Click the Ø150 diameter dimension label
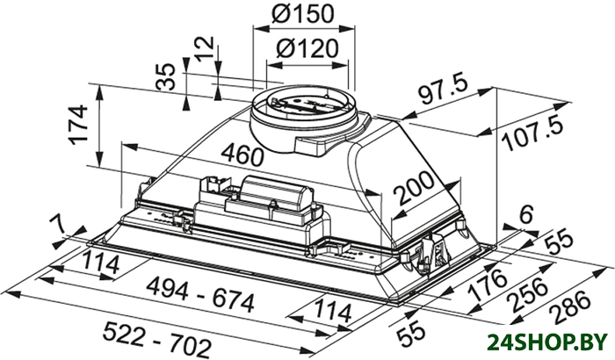(302, 14)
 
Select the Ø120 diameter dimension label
(307, 48)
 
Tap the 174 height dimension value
(77, 125)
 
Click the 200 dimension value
(414, 188)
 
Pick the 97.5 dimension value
(444, 91)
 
